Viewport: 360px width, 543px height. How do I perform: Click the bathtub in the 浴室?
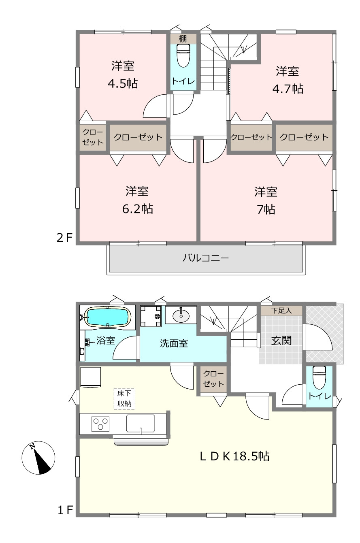click(x=109, y=317)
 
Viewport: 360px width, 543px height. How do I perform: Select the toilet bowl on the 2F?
click(x=183, y=55)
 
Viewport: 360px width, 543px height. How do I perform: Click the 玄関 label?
click(x=281, y=341)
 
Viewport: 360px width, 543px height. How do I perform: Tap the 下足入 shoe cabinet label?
click(x=281, y=311)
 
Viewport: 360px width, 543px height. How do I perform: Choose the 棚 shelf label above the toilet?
click(x=183, y=38)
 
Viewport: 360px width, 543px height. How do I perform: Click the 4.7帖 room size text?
click(x=288, y=89)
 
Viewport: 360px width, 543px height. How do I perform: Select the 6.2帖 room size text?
click(x=137, y=209)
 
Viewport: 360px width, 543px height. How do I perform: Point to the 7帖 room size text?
click(x=266, y=209)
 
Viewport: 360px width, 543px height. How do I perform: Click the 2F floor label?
click(x=64, y=238)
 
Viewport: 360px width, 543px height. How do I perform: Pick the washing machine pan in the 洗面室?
click(x=151, y=316)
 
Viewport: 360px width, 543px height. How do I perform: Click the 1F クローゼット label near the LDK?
click(x=213, y=379)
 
